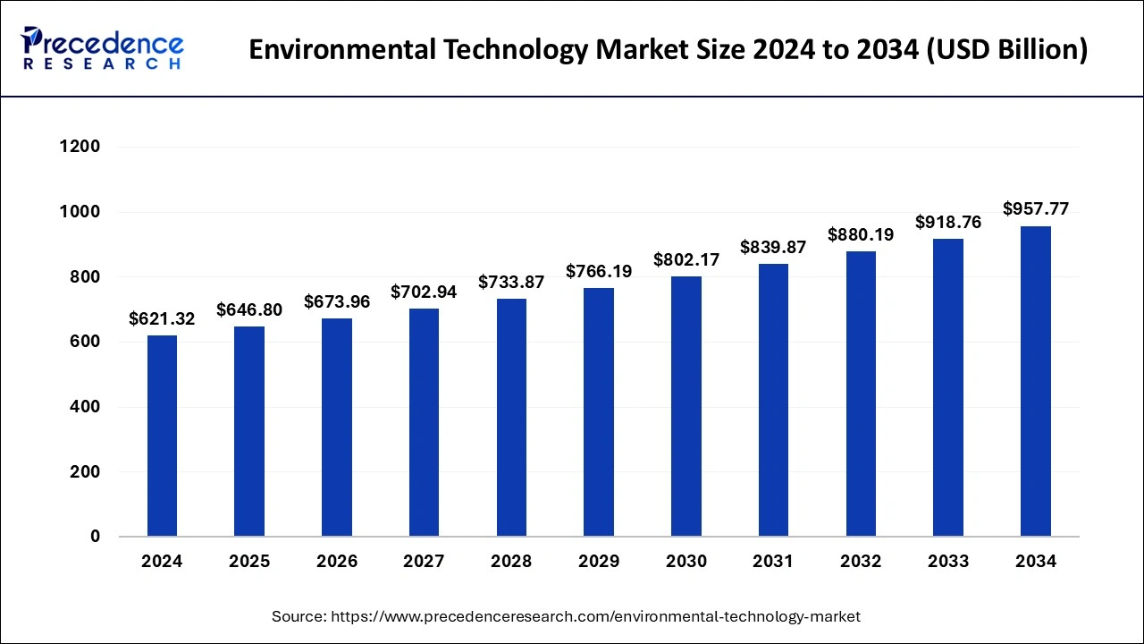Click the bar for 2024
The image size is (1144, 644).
tap(162, 436)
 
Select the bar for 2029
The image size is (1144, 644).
tap(599, 412)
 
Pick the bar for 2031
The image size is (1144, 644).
tap(773, 400)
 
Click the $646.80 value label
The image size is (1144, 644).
tap(249, 309)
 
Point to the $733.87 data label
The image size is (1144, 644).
tap(511, 282)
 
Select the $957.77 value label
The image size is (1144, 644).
tap(1035, 209)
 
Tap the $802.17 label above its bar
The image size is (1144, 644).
tap(686, 259)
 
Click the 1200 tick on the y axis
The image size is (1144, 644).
tap(80, 147)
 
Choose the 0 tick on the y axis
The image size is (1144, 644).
tap(95, 537)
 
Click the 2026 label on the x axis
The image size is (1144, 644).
tap(337, 562)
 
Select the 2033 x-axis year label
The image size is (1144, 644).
tap(948, 562)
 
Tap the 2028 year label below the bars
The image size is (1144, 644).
tap(511, 562)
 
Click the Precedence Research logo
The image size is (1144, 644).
tap(102, 49)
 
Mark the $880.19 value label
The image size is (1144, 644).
tap(861, 234)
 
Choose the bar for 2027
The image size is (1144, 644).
tap(424, 422)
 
